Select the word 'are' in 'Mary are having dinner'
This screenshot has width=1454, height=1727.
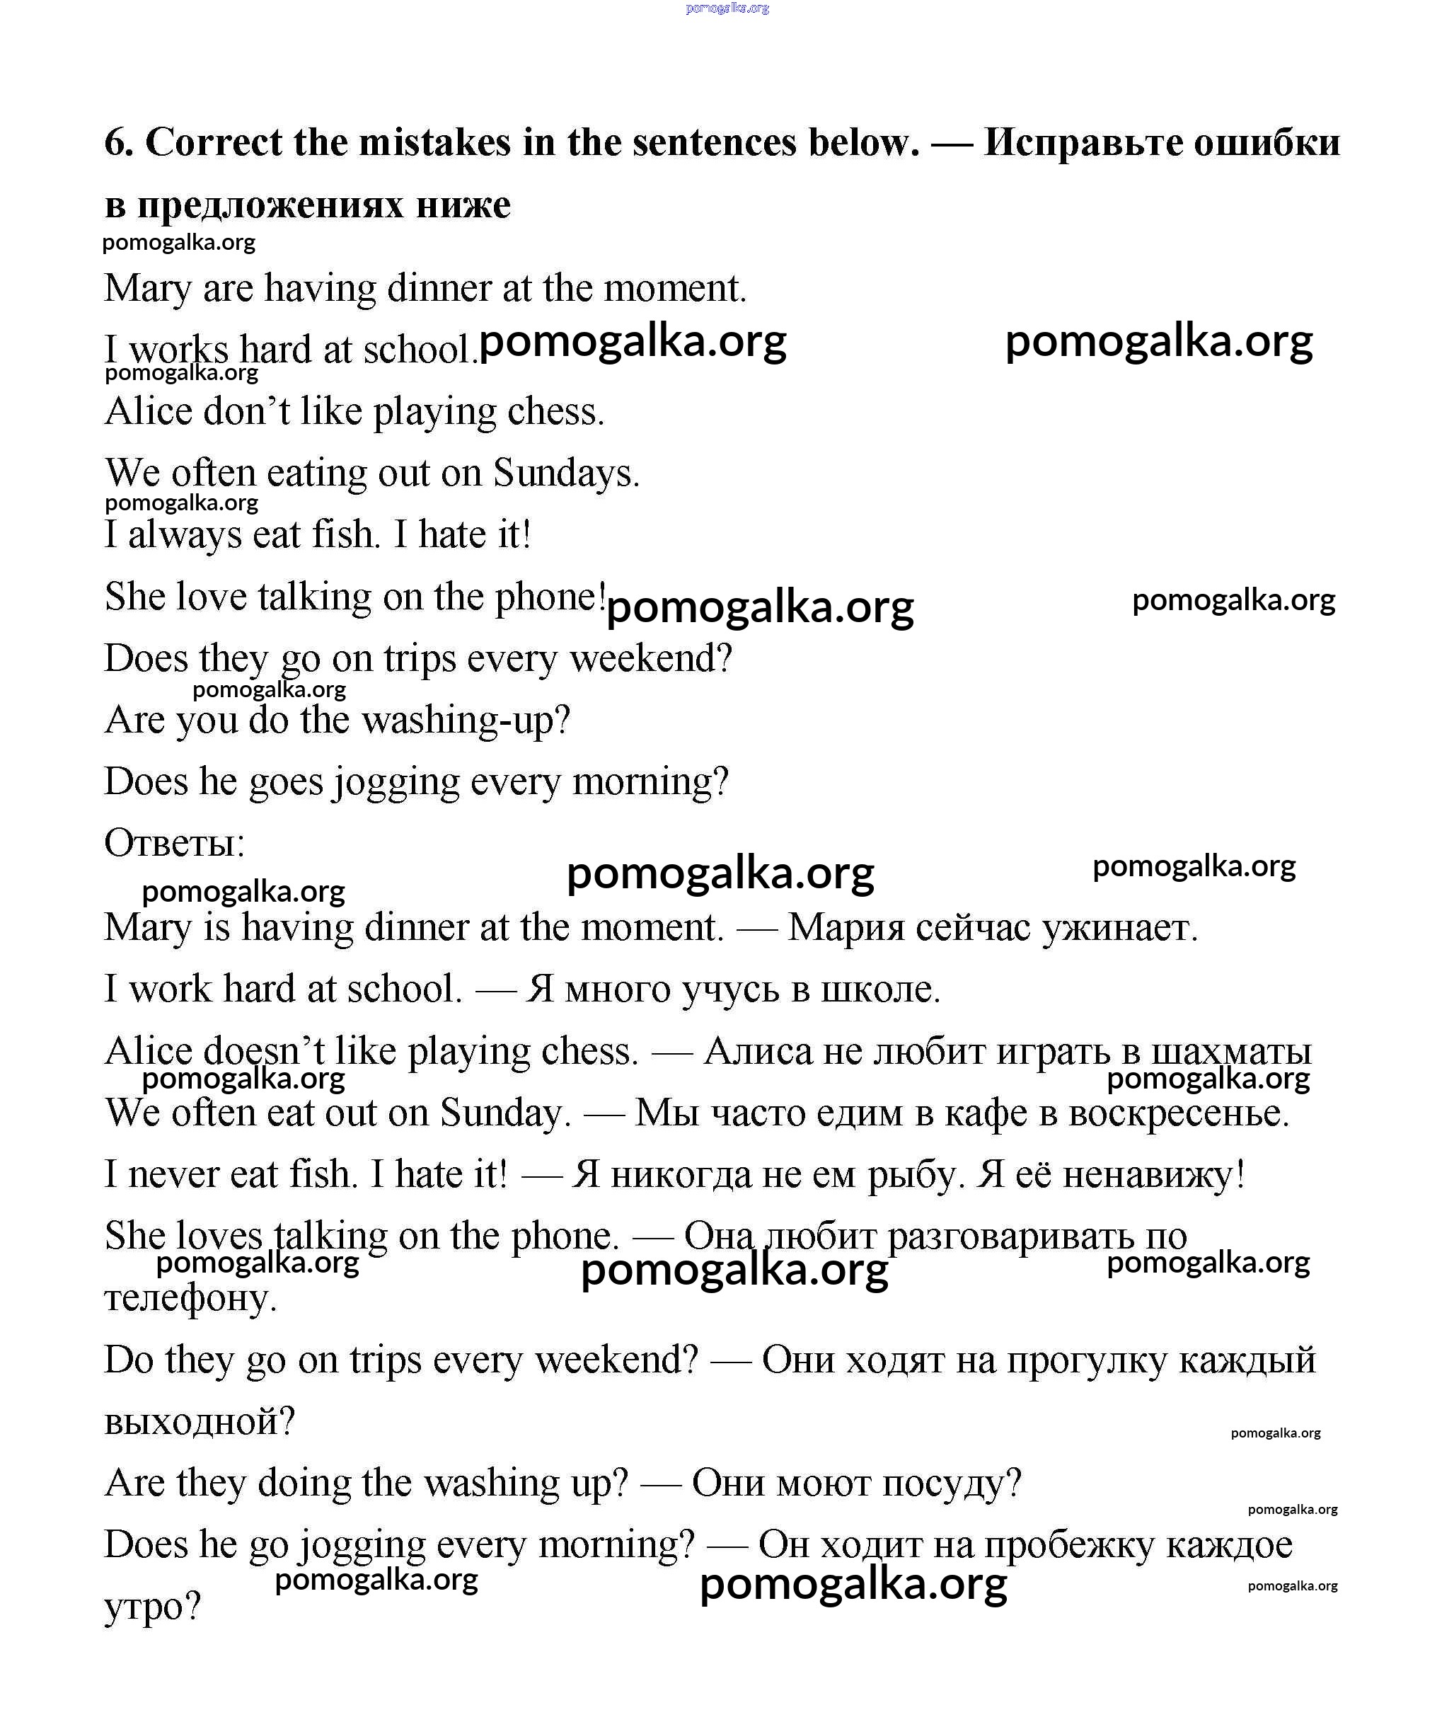click(228, 289)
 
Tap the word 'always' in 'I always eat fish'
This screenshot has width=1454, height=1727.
click(184, 535)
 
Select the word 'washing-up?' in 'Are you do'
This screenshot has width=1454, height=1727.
click(466, 721)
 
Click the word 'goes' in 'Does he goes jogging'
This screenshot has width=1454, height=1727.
click(286, 782)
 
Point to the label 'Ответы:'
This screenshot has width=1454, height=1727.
click(175, 843)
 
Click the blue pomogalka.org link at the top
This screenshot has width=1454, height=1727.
click(727, 8)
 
